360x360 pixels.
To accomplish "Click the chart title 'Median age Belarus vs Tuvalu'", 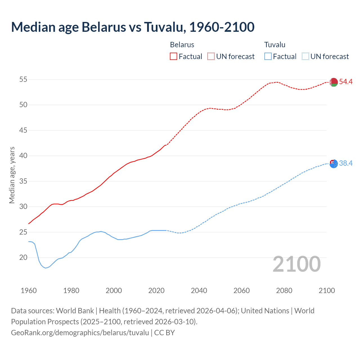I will pyautogui.click(x=133, y=27).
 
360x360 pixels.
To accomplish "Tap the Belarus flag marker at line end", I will pyautogui.click(x=334, y=82).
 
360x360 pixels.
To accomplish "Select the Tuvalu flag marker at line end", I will pyautogui.click(x=334, y=164).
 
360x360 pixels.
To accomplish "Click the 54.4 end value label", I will pyautogui.click(x=346, y=82).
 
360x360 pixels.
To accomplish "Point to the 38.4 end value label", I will pyautogui.click(x=346, y=163).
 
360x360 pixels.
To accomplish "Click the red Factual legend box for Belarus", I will pyautogui.click(x=174, y=57).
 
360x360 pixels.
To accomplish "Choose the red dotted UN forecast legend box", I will pyautogui.click(x=211, y=57).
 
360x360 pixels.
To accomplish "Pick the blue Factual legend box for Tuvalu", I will pyautogui.click(x=268, y=57).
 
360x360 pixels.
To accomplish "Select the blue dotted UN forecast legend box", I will pyautogui.click(x=305, y=57).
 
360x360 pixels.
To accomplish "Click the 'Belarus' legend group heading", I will pyautogui.click(x=182, y=45).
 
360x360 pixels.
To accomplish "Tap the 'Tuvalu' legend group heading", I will pyautogui.click(x=274, y=45).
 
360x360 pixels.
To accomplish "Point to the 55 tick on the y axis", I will pyautogui.click(x=23, y=80).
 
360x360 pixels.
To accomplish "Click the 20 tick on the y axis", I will pyautogui.click(x=23, y=258).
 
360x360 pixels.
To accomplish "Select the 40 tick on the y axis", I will pyautogui.click(x=23, y=156).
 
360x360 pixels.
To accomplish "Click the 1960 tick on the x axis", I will pyautogui.click(x=29, y=291).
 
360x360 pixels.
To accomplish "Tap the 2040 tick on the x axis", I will pyautogui.click(x=199, y=291).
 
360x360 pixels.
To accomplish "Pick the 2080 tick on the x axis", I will pyautogui.click(x=284, y=291).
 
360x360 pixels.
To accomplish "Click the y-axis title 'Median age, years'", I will pyautogui.click(x=12, y=175).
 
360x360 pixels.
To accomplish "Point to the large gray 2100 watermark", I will pyautogui.click(x=297, y=264).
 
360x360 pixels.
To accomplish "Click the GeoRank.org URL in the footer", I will pyautogui.click(x=80, y=333).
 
